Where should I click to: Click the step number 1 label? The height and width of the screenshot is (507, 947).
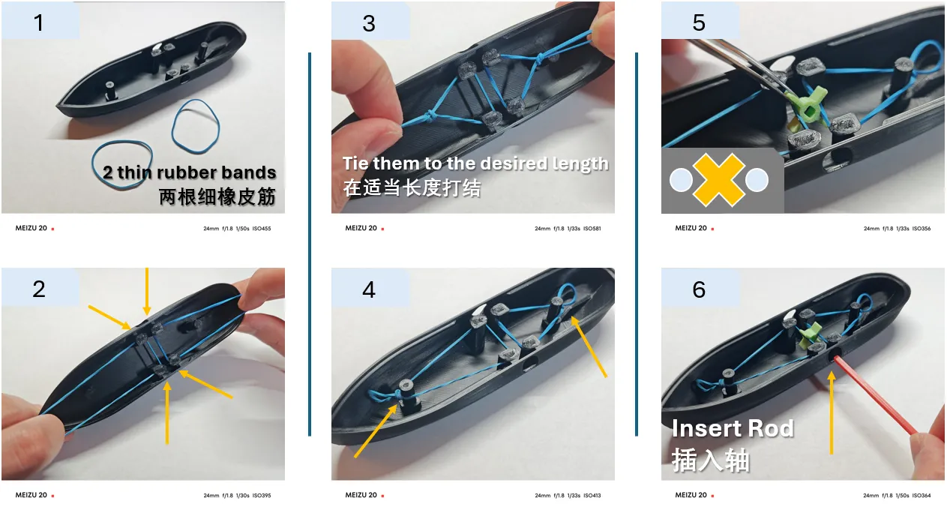38,22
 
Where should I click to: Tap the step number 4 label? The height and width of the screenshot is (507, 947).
369,289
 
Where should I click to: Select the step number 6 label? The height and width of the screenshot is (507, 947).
699,289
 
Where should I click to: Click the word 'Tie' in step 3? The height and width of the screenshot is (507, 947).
355,163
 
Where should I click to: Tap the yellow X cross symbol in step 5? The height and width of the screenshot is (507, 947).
719,180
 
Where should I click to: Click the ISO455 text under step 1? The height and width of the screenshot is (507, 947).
262,228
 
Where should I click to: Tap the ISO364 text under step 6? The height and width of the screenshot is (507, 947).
922,495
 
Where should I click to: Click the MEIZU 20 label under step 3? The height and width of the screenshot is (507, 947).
361,228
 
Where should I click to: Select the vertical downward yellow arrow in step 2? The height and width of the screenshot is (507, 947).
147,291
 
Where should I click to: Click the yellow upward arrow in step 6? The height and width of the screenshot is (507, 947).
832,412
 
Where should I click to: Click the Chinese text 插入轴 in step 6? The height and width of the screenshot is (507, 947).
711,460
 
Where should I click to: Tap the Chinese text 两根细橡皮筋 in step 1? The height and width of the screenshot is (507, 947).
217,196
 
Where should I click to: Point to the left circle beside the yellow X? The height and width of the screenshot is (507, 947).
681,180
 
